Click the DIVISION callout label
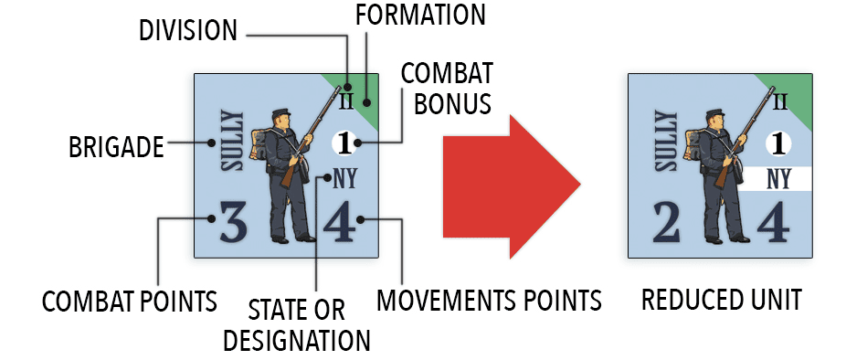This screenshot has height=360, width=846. pos(188,31)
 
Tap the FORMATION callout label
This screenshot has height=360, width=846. pos(421,15)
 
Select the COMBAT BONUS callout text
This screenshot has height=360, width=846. pos(447,89)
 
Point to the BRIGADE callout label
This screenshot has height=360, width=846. pos(116,147)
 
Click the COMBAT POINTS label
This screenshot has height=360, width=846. pos(130,302)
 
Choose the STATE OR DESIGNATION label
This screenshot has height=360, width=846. pos(297,326)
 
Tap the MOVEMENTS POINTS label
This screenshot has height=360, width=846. pos(489,300)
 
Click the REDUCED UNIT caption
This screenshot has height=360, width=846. pos(722,300)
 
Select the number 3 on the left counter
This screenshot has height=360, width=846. pos(234,221)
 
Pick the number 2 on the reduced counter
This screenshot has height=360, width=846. pos(666,221)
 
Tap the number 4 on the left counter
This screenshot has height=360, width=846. pos(340,221)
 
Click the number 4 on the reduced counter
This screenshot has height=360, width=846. pos(774,221)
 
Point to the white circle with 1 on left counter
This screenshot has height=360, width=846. pos(344,143)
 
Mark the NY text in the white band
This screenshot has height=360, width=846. pos(778,179)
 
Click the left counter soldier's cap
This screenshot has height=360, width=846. pos(281,112)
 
